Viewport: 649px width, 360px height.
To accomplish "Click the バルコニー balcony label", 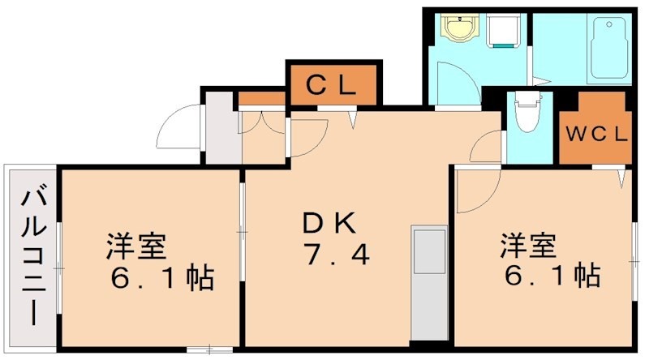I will click(32, 255).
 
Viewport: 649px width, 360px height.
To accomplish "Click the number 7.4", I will click(337, 255).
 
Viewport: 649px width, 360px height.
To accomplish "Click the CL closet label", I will click(333, 84).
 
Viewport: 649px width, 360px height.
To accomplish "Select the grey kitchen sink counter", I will click(429, 280).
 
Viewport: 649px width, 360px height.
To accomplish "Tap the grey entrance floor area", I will click(218, 129).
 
